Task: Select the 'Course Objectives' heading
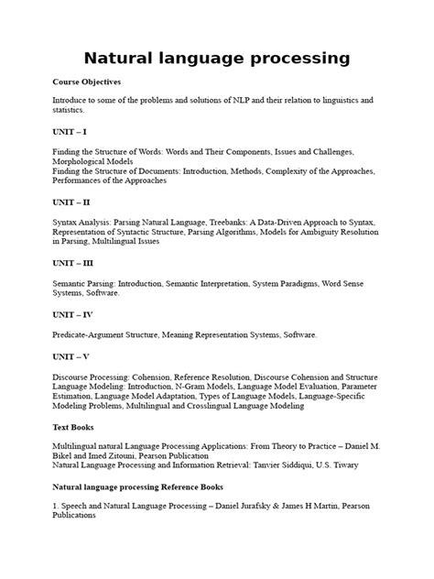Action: point(87,82)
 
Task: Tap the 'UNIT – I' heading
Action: point(71,132)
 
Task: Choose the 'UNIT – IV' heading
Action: point(74,313)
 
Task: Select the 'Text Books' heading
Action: point(75,426)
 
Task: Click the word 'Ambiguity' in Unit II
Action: point(315,234)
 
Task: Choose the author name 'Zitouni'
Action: point(132,455)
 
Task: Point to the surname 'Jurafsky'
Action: point(258,505)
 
